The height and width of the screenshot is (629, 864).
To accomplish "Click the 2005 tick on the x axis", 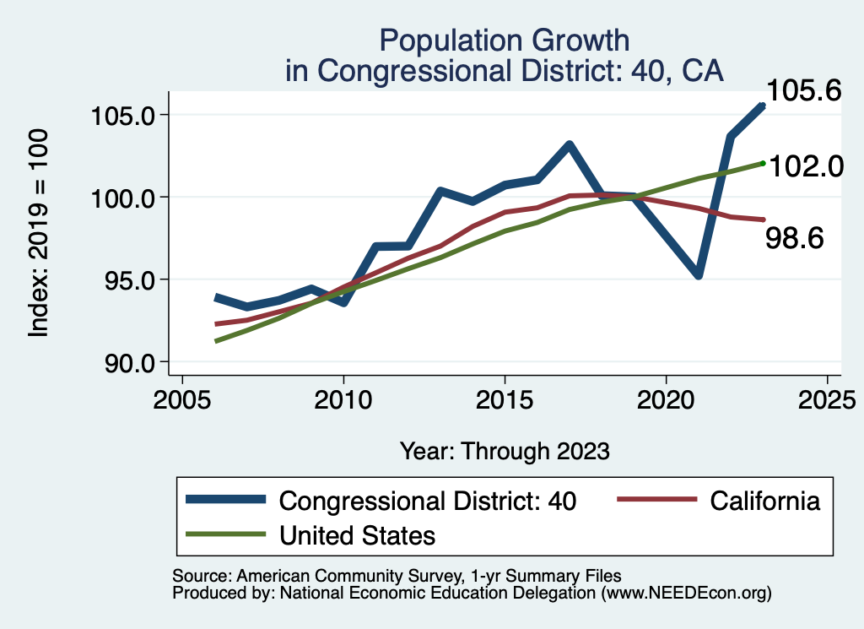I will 182,399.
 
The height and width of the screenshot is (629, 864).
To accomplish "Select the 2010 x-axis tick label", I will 343,399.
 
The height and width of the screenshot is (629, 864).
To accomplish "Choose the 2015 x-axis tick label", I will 505,399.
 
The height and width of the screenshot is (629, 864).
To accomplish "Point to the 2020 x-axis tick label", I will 666,399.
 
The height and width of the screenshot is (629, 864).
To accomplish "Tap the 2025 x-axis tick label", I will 827,399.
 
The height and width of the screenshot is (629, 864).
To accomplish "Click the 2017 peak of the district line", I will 570,145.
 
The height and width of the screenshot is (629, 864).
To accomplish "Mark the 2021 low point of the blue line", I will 699,275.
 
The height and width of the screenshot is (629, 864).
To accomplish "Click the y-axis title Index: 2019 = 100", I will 39,234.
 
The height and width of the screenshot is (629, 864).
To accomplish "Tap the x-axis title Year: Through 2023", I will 505,451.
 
